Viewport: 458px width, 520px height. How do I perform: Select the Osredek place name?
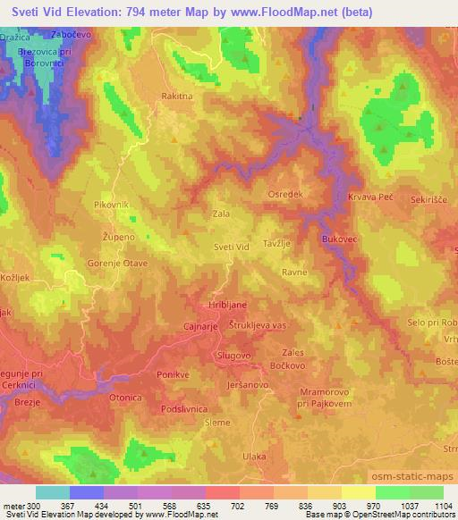click(x=285, y=194)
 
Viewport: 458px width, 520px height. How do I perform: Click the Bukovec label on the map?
click(x=339, y=239)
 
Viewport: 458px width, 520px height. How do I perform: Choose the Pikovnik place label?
click(x=112, y=205)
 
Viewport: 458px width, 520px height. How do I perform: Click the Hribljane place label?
click(x=227, y=304)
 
